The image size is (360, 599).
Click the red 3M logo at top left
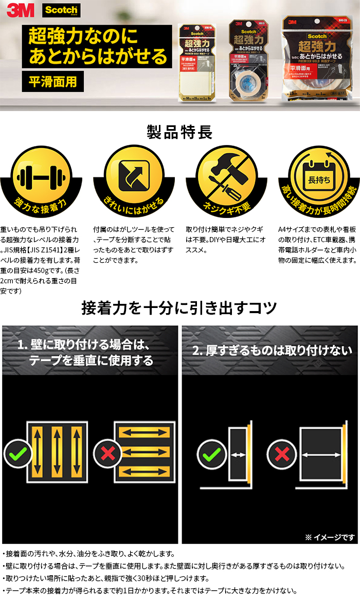coord(19,10)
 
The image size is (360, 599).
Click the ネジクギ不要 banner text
coord(226,207)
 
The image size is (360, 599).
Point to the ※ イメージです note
coord(330,537)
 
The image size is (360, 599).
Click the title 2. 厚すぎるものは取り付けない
coord(272,351)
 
